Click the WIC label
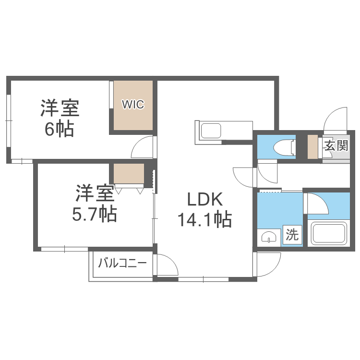pyautogui.click(x=132, y=104)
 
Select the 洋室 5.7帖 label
pyautogui.click(x=94, y=203)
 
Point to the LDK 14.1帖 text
pyautogui.click(x=204, y=209)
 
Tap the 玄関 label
pyautogui.click(x=336, y=145)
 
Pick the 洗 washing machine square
pyautogui.click(x=292, y=235)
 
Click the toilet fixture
pyautogui.click(x=284, y=147)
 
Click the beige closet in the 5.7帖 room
pyautogui.click(x=129, y=174)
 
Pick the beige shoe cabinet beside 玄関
pyautogui.click(x=312, y=147)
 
